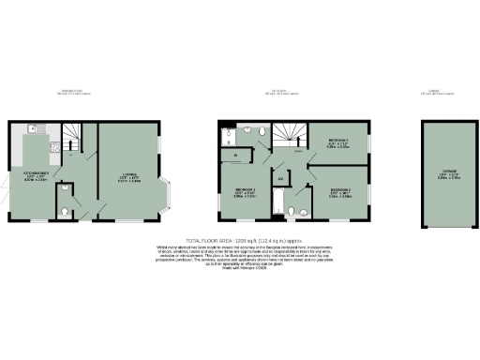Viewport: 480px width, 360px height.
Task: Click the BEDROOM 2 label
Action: coord(339,193)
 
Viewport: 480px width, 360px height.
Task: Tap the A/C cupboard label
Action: coord(281,177)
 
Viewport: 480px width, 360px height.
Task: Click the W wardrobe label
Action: coord(235,154)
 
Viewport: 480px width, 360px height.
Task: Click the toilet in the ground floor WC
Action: coord(61,211)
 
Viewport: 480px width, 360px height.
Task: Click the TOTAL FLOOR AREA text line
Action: coord(239,240)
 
